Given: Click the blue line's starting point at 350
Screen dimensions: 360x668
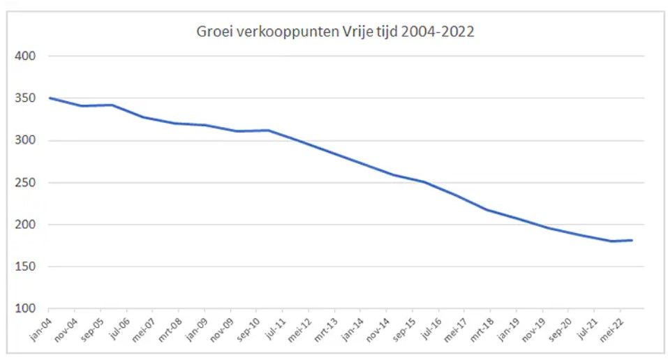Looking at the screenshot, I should [50, 98].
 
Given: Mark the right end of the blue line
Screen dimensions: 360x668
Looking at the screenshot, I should [632, 241].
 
